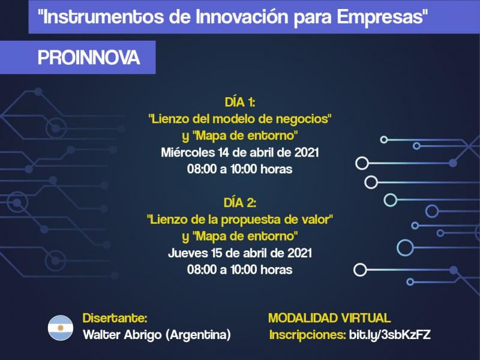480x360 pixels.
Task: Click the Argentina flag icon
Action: [61, 328]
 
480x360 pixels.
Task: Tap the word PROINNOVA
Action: [89, 57]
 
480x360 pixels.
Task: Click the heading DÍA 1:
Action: [239, 102]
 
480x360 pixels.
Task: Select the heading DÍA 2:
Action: [239, 203]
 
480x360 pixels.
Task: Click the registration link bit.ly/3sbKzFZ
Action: [389, 335]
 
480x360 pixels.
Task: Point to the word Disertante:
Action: [115, 318]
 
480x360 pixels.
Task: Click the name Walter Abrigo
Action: [122, 335]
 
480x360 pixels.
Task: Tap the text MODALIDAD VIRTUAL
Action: [329, 318]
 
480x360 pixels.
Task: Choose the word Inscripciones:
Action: [308, 335]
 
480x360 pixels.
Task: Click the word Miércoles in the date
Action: [188, 152]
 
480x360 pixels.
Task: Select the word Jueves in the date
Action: [188, 253]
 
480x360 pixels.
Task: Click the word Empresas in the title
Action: [380, 17]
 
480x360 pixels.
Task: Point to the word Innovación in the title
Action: [242, 17]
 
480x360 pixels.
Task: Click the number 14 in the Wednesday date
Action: [224, 152]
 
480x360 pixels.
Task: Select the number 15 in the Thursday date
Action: [217, 253]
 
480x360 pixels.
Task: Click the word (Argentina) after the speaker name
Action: [198, 335]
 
